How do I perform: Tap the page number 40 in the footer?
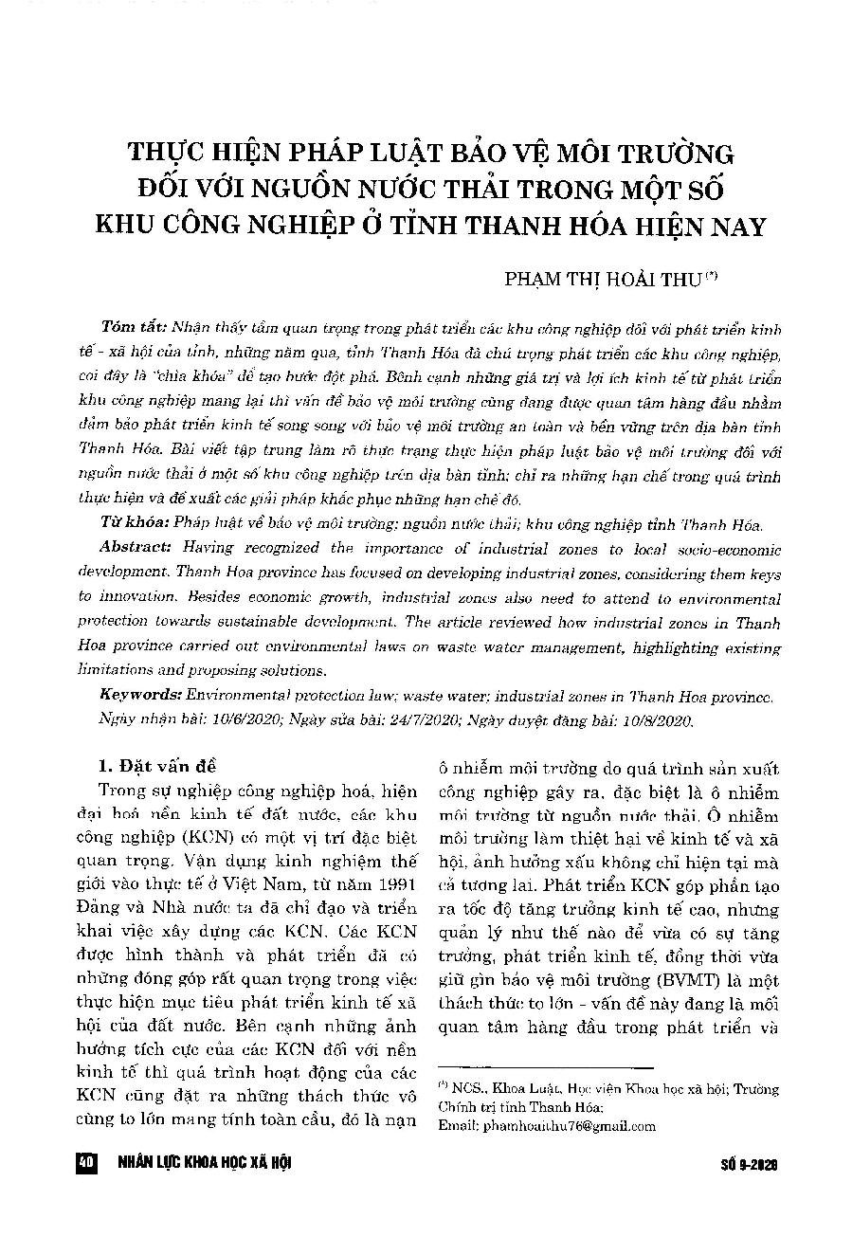point(86,1163)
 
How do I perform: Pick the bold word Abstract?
point(136,548)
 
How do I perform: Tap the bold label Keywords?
point(141,696)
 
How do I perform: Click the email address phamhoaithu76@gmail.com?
point(547,1126)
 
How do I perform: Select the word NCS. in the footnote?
point(468,1089)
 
